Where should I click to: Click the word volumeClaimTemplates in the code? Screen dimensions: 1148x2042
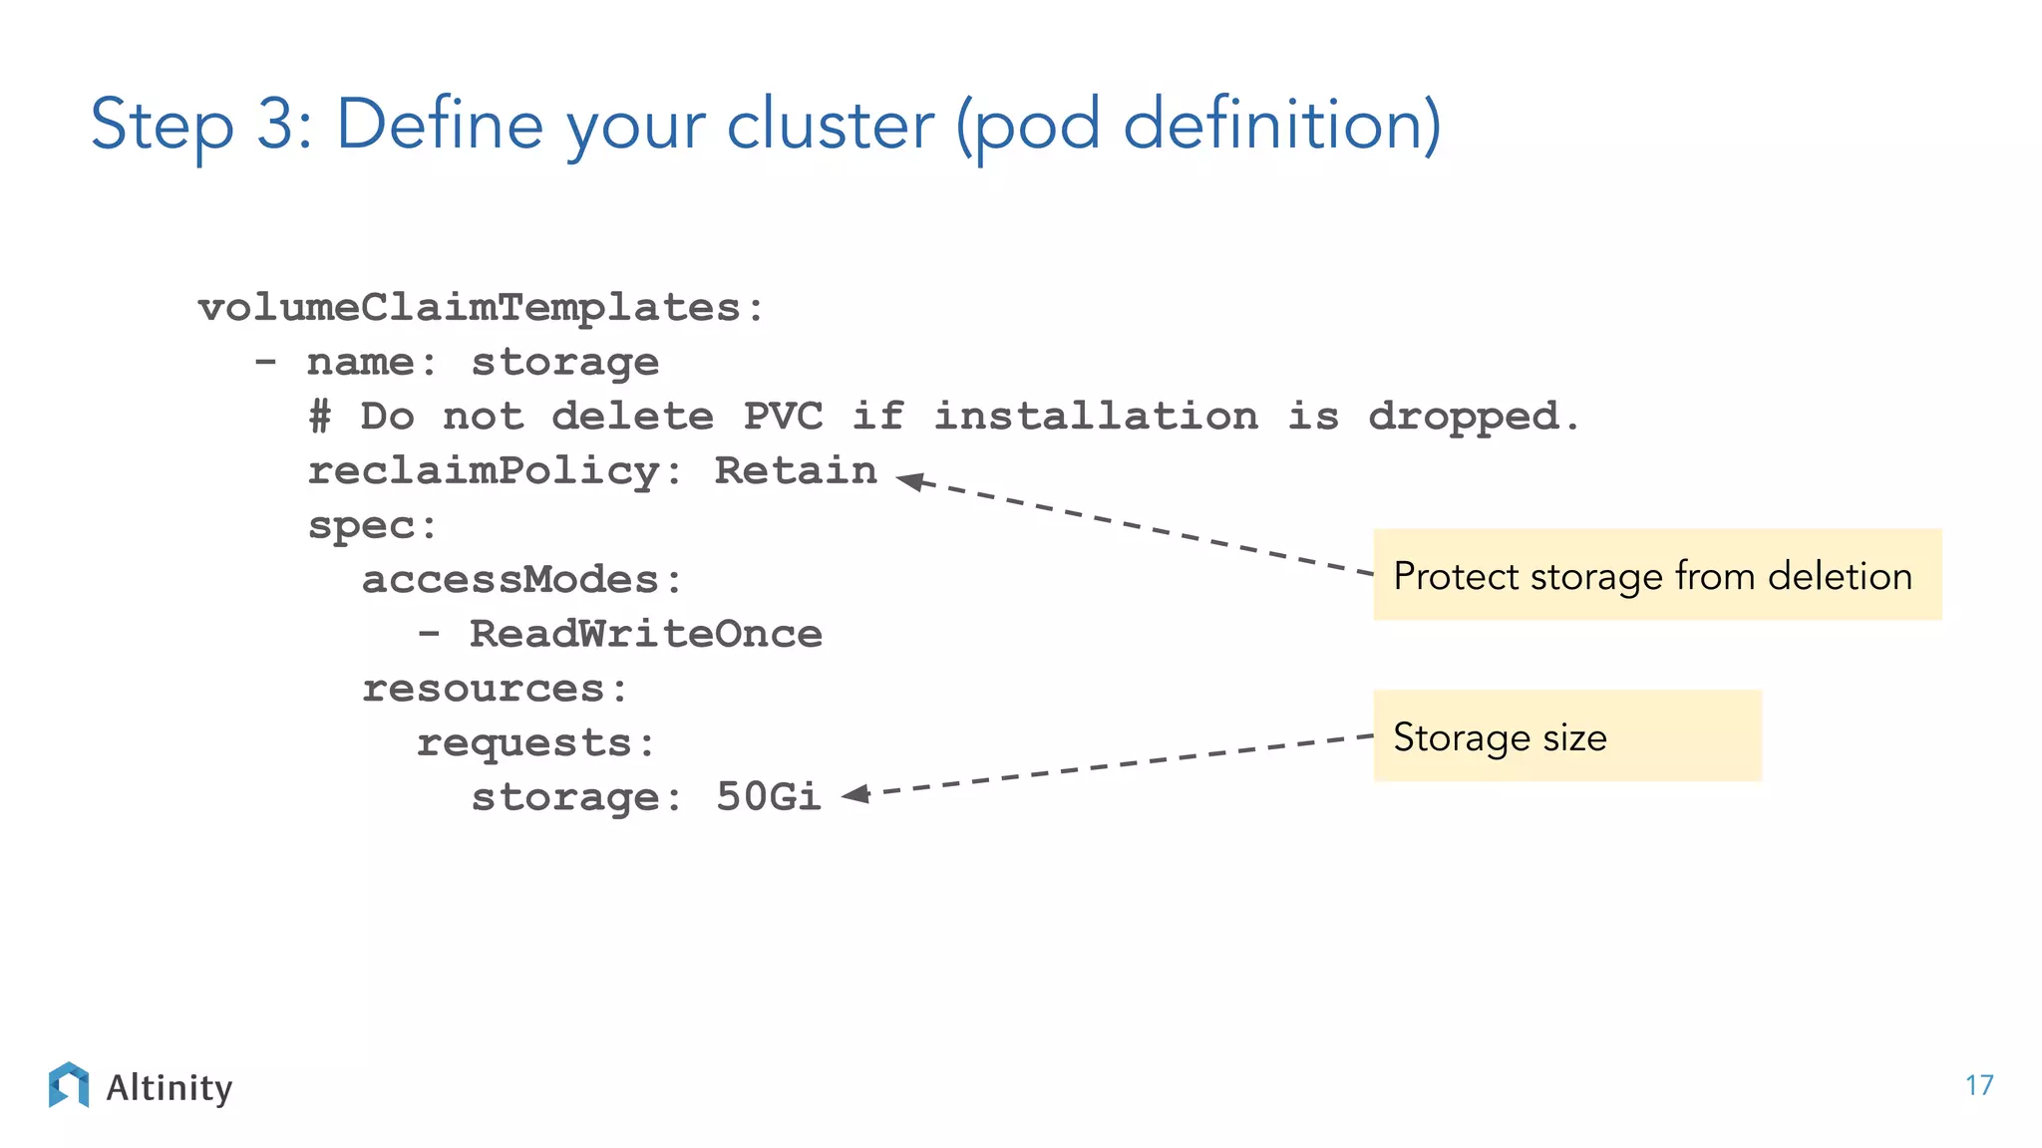[469, 307]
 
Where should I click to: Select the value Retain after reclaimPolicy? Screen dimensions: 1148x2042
[796, 470]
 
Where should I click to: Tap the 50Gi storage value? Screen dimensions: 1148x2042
[768, 796]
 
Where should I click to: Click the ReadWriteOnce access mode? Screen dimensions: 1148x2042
[645, 634]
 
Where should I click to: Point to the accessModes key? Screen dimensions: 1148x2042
[510, 580]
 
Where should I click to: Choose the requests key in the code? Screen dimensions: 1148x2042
[523, 743]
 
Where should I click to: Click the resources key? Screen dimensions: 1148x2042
[483, 689]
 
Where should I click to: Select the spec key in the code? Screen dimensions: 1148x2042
[360, 525]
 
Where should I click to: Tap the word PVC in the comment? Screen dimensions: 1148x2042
[783, 417]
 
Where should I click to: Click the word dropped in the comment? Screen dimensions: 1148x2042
[1462, 417]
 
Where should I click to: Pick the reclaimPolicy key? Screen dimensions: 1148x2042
[483, 470]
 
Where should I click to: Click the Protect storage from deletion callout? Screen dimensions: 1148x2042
[1656, 575]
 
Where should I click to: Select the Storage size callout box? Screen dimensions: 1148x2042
[1566, 736]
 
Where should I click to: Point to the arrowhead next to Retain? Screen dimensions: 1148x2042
[910, 481]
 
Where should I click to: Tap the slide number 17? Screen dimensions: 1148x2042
[1978, 1085]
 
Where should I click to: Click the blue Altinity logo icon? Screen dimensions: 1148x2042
[69, 1085]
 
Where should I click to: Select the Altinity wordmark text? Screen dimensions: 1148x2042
[169, 1087]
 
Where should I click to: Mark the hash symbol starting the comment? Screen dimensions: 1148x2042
[319, 417]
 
